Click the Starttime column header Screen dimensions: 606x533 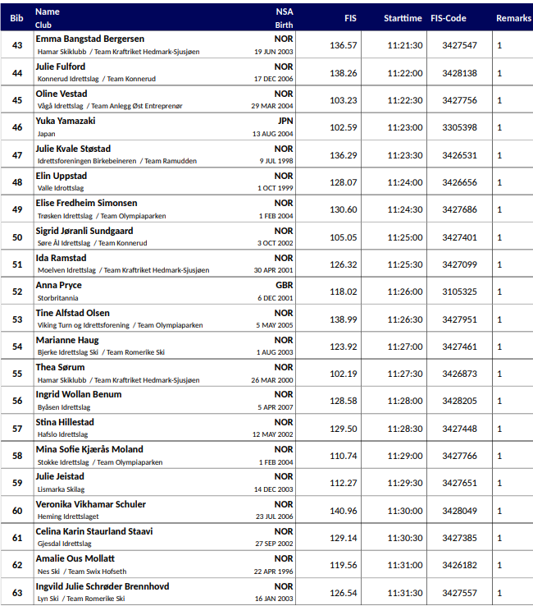tap(403, 18)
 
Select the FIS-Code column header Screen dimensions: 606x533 tap(459, 18)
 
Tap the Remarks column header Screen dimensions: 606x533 tap(513, 18)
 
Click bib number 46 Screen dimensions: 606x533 tap(17, 127)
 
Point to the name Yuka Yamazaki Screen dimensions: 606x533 tap(66, 121)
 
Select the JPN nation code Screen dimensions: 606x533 tap(285, 121)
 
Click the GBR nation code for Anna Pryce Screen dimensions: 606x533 tap(283, 285)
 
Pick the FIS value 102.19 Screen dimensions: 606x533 tap(343, 374)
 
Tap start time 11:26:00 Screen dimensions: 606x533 tap(405, 292)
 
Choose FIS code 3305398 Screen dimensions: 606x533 tap(459, 127)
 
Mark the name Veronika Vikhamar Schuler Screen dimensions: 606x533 tap(91, 504)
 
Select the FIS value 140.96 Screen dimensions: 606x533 tap(343, 511)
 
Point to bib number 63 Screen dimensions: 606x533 tap(17, 593)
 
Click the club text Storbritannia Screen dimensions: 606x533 tap(58, 298)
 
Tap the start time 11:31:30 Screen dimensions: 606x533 tap(405, 593)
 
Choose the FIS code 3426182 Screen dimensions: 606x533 tap(459, 565)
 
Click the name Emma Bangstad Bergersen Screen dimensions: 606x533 tap(90, 39)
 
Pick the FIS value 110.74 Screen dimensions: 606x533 tap(343, 456)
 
